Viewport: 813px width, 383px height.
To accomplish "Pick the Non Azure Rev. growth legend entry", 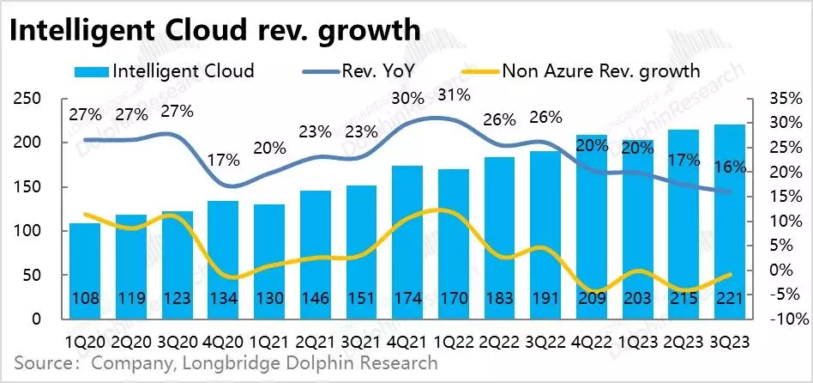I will tap(600, 70).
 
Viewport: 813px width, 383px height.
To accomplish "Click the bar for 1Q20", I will tap(86, 271).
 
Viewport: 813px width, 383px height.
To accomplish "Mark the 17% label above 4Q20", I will tap(223, 159).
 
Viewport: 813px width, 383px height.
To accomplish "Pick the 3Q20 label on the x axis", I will tap(178, 341).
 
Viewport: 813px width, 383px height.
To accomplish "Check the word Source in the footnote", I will tap(42, 363).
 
